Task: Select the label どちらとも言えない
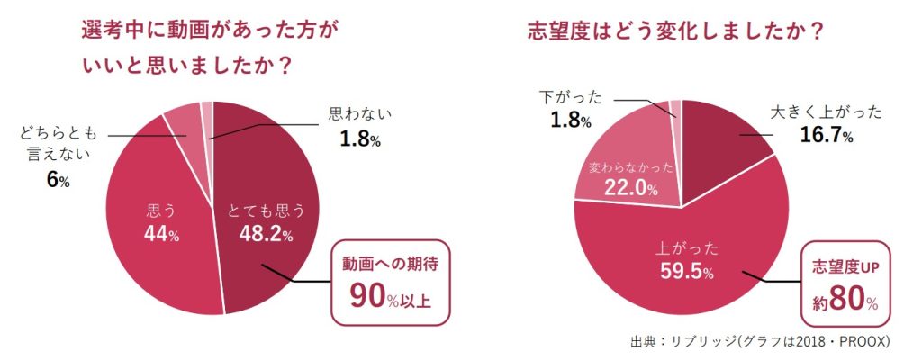(x=57, y=145)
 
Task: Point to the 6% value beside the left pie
(x=57, y=180)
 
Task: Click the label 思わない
(x=361, y=115)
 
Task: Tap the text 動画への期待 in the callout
(x=388, y=265)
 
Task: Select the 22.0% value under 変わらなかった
(x=627, y=189)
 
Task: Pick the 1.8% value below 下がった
(x=570, y=120)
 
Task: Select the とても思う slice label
(x=264, y=211)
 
